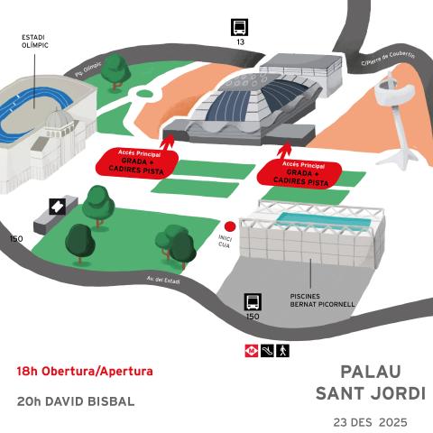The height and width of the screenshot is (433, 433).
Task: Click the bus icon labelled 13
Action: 240,27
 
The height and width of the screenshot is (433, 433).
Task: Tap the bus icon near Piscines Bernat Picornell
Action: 253,302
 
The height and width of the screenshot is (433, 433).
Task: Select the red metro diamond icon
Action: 252,349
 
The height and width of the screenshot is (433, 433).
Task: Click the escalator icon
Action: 267,349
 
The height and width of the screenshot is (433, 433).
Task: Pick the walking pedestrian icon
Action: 282,349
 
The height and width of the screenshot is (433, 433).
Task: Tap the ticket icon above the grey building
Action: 57,206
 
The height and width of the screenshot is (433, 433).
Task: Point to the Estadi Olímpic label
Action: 34,41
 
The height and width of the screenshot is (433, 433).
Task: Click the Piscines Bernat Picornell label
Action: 322,300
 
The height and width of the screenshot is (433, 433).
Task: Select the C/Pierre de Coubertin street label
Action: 388,59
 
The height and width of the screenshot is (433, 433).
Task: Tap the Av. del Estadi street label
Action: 162,281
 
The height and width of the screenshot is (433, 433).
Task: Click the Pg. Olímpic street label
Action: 88,69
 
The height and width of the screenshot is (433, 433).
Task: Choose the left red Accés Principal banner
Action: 136,162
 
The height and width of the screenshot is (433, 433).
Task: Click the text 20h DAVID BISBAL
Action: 76,401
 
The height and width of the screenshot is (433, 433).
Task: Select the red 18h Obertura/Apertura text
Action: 85,371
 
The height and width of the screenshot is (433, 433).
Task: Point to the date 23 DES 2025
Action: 370,421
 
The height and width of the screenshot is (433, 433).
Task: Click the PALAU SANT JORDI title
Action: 370,382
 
